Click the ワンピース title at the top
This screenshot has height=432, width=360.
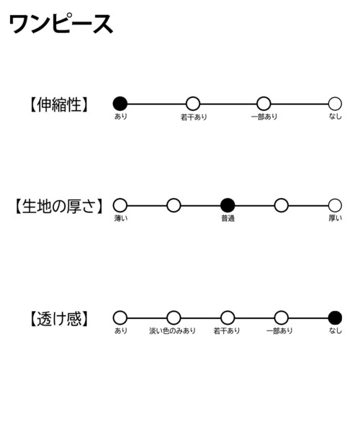pos(61,24)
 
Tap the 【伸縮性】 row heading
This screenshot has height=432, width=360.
pos(58,104)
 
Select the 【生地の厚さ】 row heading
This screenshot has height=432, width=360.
pos(58,206)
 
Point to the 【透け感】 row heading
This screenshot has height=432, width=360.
pos(58,319)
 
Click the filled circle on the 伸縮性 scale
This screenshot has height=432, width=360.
pos(120,104)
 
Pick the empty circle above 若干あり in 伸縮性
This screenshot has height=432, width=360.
pos(193,104)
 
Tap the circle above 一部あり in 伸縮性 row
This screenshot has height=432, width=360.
pos(264,104)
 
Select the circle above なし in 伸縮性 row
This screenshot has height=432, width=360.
pos(335,104)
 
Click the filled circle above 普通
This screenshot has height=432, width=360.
pos(228,205)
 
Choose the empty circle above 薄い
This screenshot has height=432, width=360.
pos(120,205)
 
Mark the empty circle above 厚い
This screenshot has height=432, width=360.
pos(335,205)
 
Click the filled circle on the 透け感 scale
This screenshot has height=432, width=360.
pos(335,318)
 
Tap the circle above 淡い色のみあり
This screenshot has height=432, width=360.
pos(174,318)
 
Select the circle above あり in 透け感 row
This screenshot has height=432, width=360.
pos(120,318)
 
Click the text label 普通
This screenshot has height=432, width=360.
pos(228,218)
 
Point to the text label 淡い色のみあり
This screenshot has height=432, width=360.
pos(172,330)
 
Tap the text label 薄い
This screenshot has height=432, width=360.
pos(121,218)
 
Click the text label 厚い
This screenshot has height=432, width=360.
pos(336,218)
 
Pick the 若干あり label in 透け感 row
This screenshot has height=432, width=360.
pos(227,330)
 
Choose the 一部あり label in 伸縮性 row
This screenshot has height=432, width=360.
pos(264,117)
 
